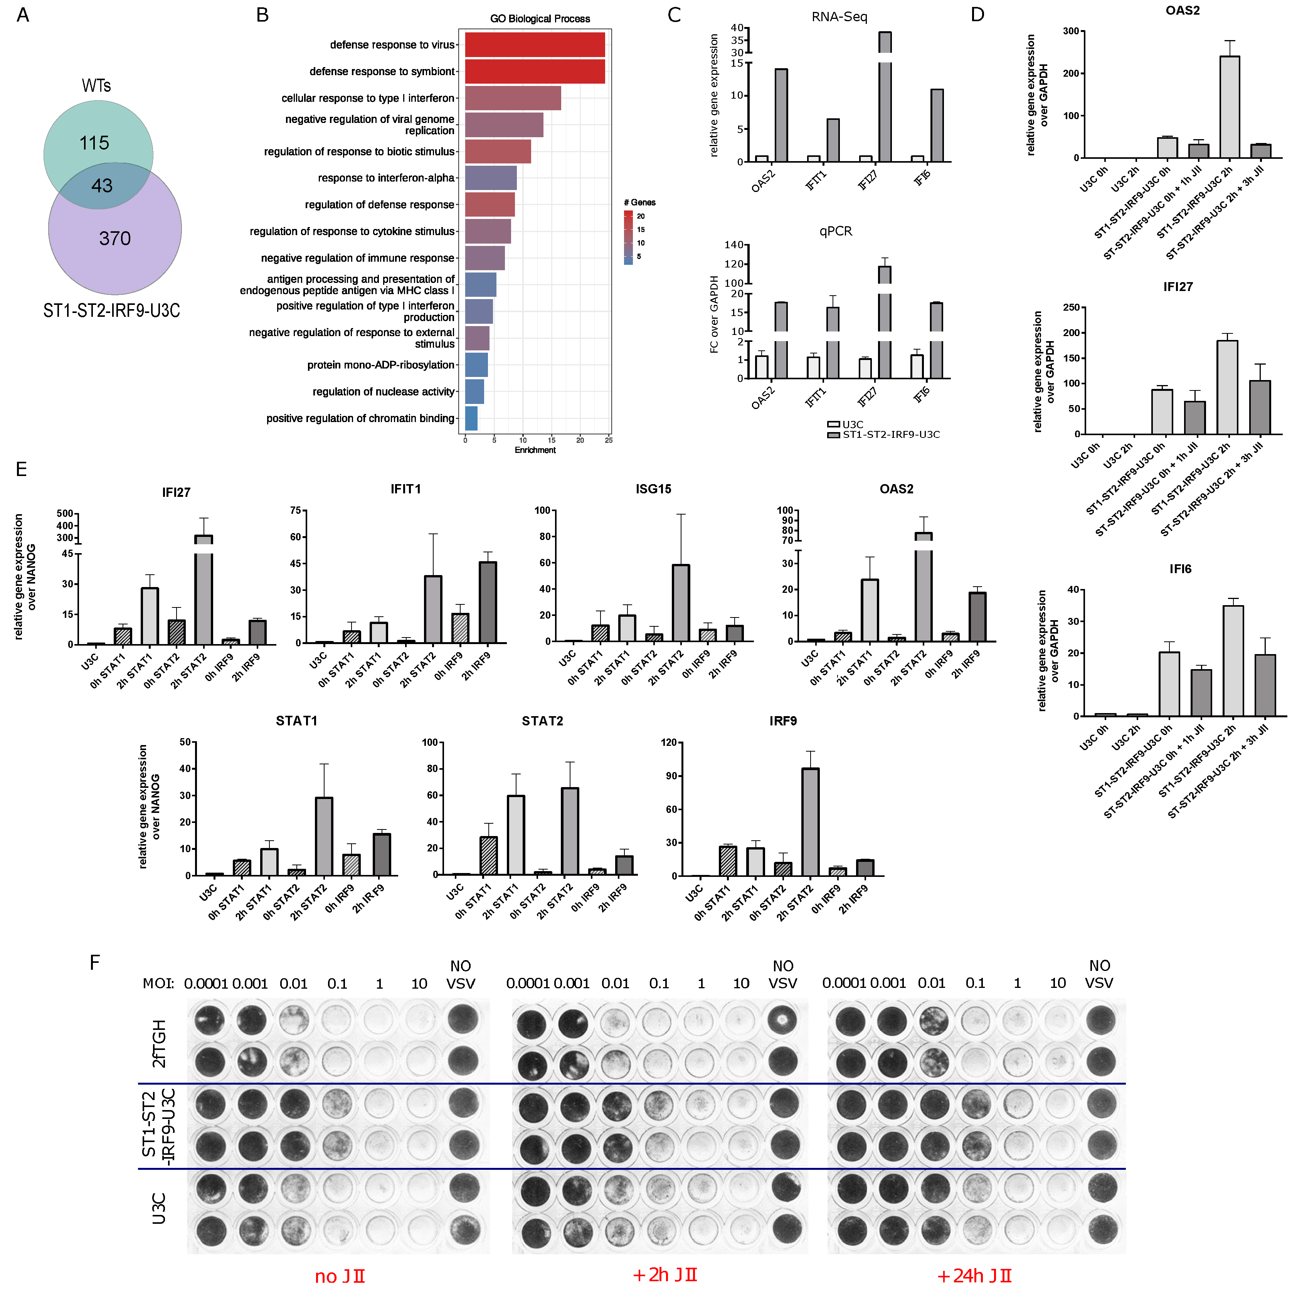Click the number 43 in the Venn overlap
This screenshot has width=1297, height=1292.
click(x=102, y=186)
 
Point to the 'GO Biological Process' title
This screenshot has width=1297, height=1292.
click(x=540, y=19)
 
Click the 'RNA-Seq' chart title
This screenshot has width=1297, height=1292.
click(x=839, y=17)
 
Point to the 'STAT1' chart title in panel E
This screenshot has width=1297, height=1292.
click(x=296, y=721)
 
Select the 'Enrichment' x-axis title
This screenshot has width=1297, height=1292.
click(x=535, y=450)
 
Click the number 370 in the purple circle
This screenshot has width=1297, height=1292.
click(x=115, y=238)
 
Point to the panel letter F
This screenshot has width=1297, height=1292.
click(x=95, y=962)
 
